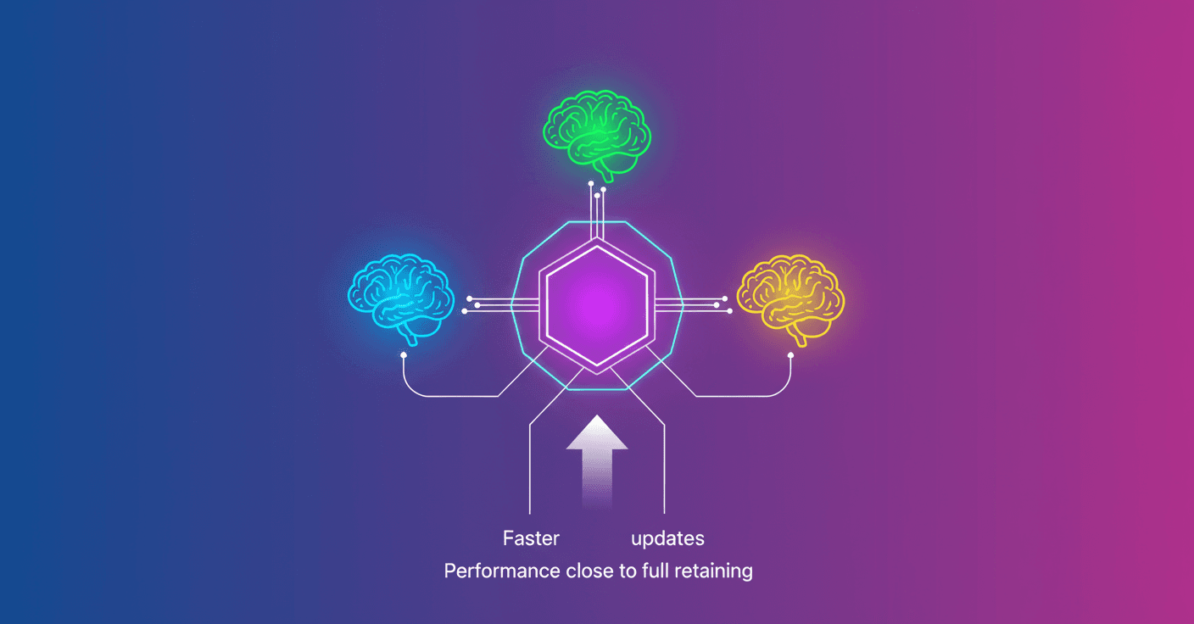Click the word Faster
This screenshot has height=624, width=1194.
531,538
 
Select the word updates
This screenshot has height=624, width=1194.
667,538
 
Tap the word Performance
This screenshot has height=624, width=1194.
502,571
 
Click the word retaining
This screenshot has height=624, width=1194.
713,571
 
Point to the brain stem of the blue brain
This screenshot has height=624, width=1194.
412,334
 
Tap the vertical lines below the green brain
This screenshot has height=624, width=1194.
597,208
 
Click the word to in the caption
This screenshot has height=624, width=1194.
628,571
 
